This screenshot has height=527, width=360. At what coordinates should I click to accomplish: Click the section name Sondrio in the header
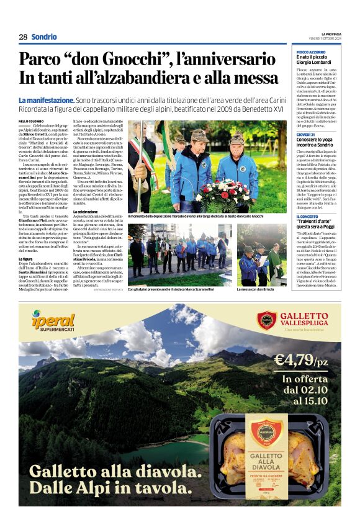coord(44,37)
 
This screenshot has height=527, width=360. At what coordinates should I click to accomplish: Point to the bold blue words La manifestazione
coord(47,100)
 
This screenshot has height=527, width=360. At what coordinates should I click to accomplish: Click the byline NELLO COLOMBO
coord(31,121)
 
